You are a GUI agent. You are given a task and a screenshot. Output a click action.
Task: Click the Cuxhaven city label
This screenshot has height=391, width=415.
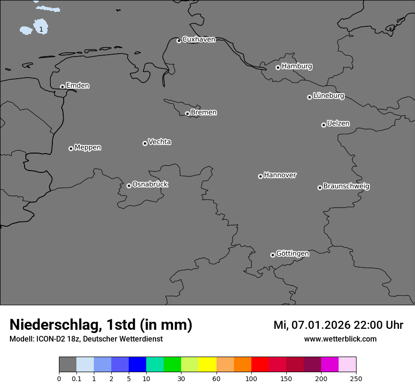[x=199, y=39]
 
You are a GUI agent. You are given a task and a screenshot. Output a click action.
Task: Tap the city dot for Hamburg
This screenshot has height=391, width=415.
[x=278, y=67]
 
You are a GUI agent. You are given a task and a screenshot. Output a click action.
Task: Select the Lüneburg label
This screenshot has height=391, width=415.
[x=328, y=96]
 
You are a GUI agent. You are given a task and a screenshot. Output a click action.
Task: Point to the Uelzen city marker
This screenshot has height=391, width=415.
[x=324, y=125]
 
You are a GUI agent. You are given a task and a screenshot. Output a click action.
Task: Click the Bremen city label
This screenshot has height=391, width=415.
[x=204, y=112]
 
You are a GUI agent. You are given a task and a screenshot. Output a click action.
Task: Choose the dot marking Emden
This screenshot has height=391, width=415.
[x=62, y=87]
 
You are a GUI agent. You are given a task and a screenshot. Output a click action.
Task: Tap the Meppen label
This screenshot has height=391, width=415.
[x=88, y=147]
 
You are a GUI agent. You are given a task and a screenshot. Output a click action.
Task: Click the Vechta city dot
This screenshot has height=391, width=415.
[x=145, y=143]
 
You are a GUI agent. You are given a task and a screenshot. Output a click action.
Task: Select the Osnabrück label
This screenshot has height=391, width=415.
[x=150, y=184]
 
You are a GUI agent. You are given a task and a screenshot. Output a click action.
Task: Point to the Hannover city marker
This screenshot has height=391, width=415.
[x=260, y=176]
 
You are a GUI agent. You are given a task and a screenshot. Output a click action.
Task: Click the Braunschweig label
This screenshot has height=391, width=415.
[x=346, y=186]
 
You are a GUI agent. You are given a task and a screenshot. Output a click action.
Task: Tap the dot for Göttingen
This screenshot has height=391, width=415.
[x=273, y=255]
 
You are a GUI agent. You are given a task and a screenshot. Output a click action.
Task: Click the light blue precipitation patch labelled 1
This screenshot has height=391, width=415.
[x=41, y=27]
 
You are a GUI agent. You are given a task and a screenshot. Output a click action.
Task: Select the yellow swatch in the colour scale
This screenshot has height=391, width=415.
[x=207, y=365]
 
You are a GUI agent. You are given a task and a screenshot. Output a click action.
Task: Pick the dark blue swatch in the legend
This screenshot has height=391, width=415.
[x=137, y=365]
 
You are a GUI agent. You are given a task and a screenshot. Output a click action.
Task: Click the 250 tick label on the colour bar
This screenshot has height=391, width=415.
[x=356, y=378]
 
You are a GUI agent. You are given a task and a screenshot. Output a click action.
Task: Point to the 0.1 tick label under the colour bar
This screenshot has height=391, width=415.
[x=76, y=378]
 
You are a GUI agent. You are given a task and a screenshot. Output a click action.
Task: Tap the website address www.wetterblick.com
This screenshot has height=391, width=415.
[x=340, y=339]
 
